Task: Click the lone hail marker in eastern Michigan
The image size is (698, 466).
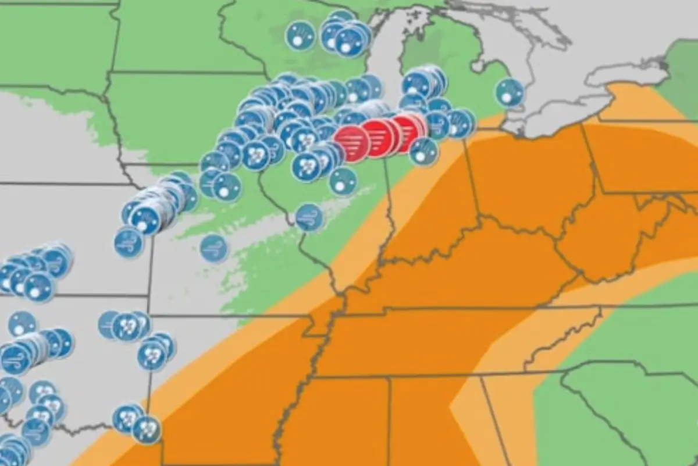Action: (510, 93)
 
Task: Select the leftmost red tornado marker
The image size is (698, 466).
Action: (352, 143)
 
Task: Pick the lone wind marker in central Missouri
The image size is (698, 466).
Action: (214, 248)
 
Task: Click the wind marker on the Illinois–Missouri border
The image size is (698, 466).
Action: (309, 217)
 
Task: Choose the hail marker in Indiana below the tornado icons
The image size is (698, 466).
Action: (423, 151)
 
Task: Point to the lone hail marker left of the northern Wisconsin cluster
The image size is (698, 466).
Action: (300, 36)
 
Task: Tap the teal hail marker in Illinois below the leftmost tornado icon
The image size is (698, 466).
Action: (343, 181)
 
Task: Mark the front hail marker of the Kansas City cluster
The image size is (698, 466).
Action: (145, 219)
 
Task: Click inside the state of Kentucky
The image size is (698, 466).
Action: (465, 274)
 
